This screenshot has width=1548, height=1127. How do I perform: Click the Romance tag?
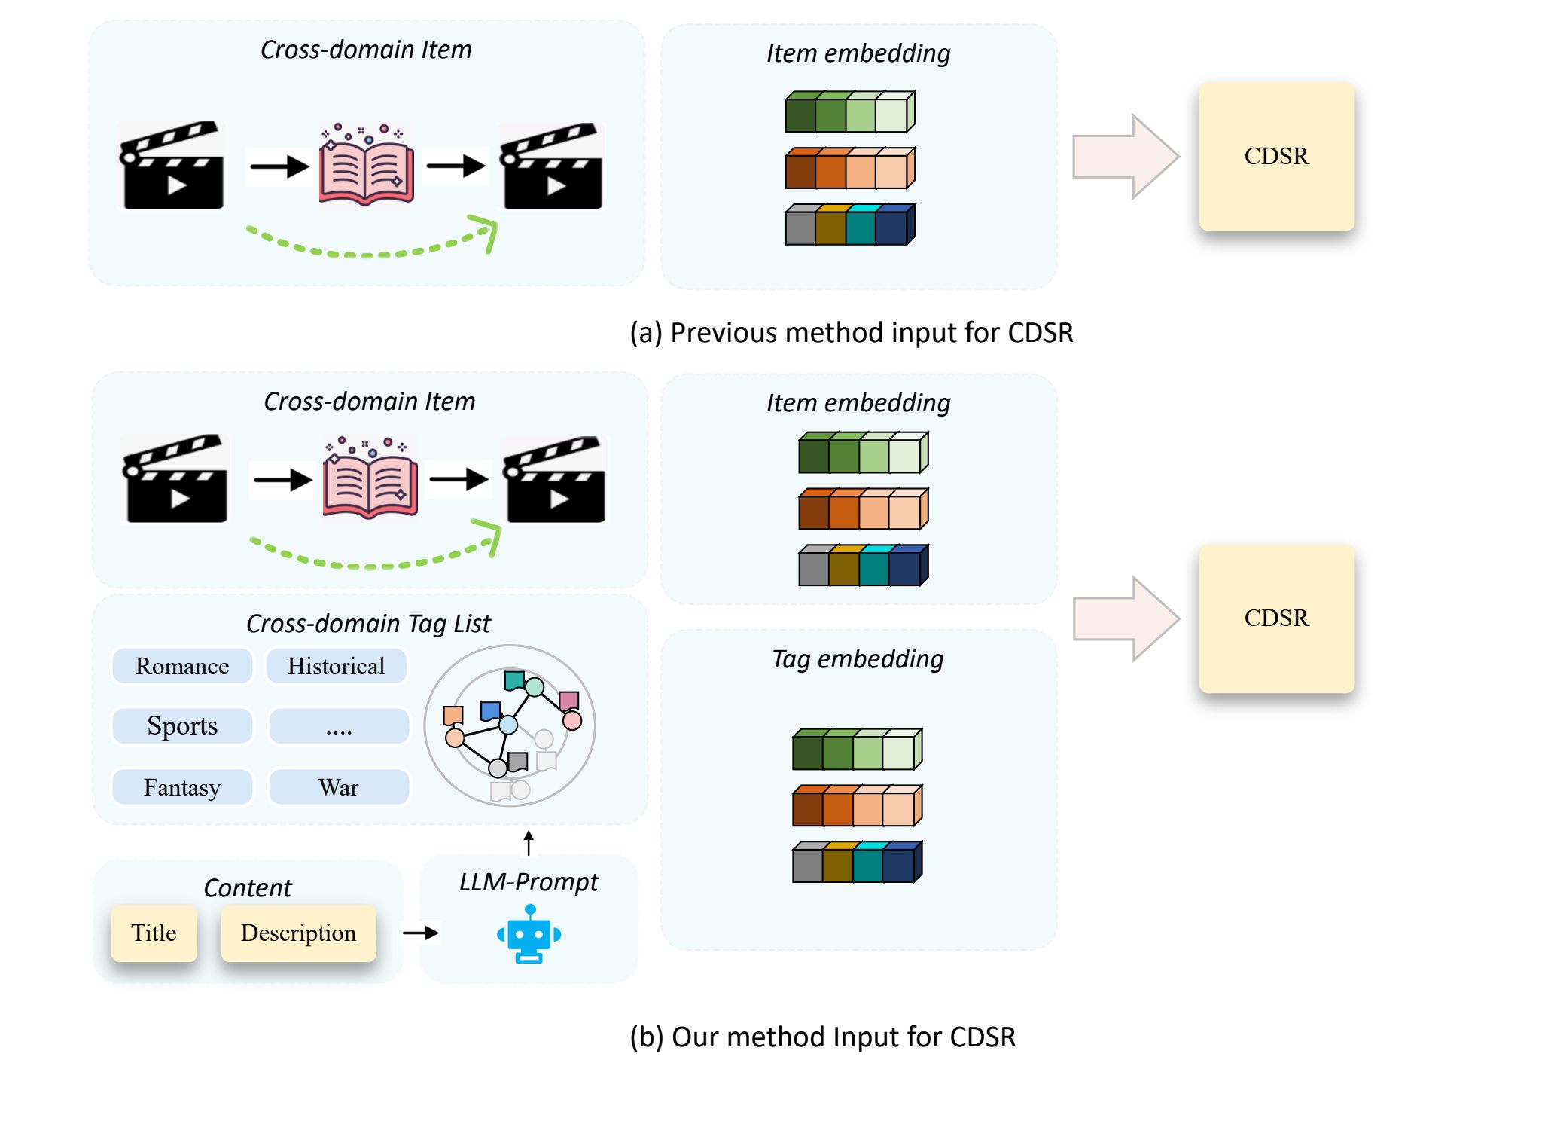[182, 666]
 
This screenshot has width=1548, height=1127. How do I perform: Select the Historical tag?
[337, 666]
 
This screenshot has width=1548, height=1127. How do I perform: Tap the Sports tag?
[182, 726]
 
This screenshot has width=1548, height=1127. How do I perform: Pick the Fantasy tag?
[182, 787]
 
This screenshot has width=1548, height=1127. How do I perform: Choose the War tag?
[339, 787]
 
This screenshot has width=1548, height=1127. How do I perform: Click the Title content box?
[154, 933]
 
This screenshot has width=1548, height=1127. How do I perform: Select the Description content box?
[299, 933]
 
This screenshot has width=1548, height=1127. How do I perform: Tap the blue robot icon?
[529, 935]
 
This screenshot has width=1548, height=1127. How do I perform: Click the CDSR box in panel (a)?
[1277, 156]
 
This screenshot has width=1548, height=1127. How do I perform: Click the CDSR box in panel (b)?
[1277, 618]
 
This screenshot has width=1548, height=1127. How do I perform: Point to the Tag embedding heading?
[858, 659]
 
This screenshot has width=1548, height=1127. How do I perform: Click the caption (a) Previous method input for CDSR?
[852, 333]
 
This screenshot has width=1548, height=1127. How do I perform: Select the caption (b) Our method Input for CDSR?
[823, 1037]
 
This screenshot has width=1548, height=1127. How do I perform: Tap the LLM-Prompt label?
[529, 882]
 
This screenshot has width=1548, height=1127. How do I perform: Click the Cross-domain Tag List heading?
[368, 624]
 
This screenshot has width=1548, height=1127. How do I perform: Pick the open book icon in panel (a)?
[366, 164]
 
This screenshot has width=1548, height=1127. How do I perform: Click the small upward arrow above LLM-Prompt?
[529, 843]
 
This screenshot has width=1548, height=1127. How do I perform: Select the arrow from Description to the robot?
[421, 933]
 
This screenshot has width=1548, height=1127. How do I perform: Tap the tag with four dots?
[339, 726]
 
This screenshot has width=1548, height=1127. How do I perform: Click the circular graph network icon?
[510, 725]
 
